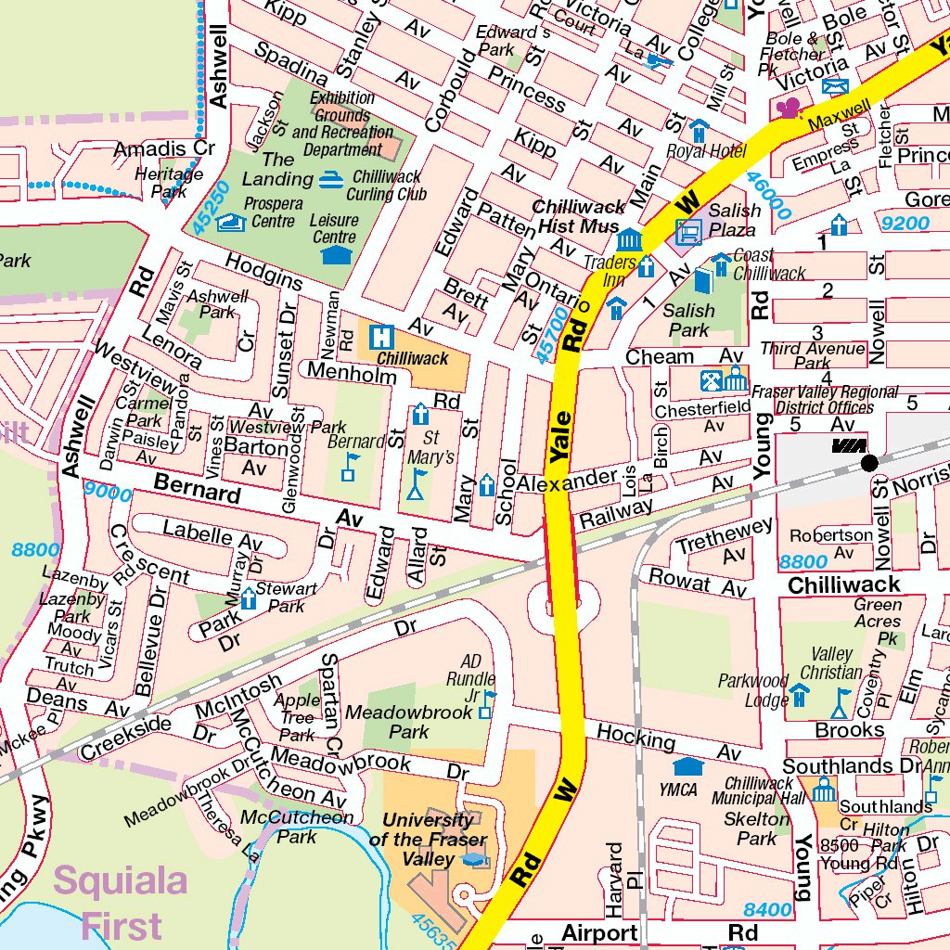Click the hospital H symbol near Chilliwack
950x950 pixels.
click(x=380, y=337)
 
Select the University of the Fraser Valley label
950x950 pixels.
click(x=428, y=840)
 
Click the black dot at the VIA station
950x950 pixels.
click(x=868, y=461)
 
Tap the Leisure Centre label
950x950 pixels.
click(x=334, y=229)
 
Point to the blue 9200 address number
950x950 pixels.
click(x=905, y=224)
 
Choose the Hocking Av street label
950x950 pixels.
click(x=669, y=743)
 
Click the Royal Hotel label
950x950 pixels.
click(x=706, y=152)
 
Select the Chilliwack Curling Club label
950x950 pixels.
click(x=386, y=185)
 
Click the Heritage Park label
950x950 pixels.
click(x=169, y=182)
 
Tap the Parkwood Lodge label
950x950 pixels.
click(x=753, y=691)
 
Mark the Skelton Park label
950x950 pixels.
click(x=756, y=828)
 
